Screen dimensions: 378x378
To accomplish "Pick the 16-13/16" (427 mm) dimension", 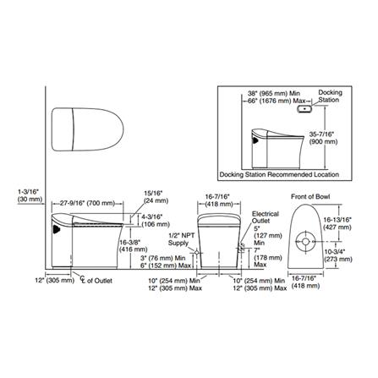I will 355,222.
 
